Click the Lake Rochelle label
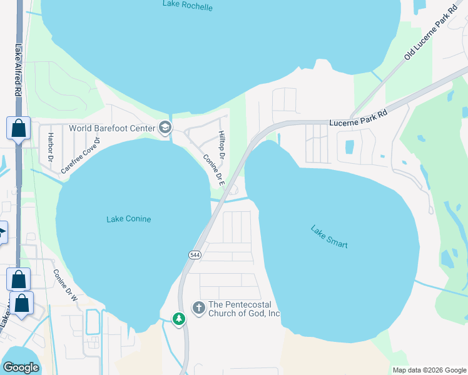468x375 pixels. (188, 6)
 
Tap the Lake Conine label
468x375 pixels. (129, 219)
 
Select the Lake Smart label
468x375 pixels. (328, 237)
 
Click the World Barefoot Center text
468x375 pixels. (111, 128)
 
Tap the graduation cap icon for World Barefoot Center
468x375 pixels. (165, 128)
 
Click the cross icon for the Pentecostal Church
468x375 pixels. (198, 307)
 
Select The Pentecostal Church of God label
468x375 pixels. (244, 309)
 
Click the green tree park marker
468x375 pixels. (180, 319)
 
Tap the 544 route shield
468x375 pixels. (195, 254)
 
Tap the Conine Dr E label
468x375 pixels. (213, 171)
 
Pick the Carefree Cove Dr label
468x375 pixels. (81, 154)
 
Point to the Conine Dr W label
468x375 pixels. (64, 286)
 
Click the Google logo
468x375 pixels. (21, 367)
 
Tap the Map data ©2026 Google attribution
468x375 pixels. (429, 370)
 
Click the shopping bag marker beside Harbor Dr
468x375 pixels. (19, 128)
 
